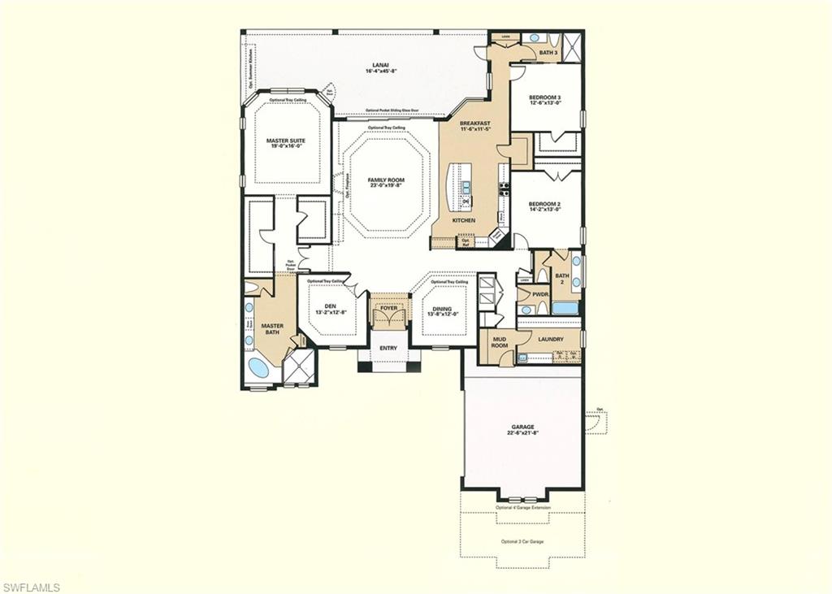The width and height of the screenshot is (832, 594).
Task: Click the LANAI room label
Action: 380,64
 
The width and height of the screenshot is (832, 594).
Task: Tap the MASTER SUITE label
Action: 286,141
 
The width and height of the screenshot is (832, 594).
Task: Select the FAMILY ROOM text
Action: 386,180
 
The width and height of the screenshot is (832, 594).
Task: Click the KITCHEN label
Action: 464,220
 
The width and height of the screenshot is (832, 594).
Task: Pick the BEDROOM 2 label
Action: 545,203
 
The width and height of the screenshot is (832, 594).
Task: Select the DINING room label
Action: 442,309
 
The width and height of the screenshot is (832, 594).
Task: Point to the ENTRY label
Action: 388,349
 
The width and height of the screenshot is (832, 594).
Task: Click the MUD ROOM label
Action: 499,341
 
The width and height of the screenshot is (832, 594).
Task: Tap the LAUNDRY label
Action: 550,340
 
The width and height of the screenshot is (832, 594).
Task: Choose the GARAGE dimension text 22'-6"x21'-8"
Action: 522,433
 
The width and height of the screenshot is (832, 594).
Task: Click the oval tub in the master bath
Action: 258,367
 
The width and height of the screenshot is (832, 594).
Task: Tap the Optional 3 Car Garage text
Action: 522,541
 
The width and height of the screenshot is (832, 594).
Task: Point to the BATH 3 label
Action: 548,53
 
